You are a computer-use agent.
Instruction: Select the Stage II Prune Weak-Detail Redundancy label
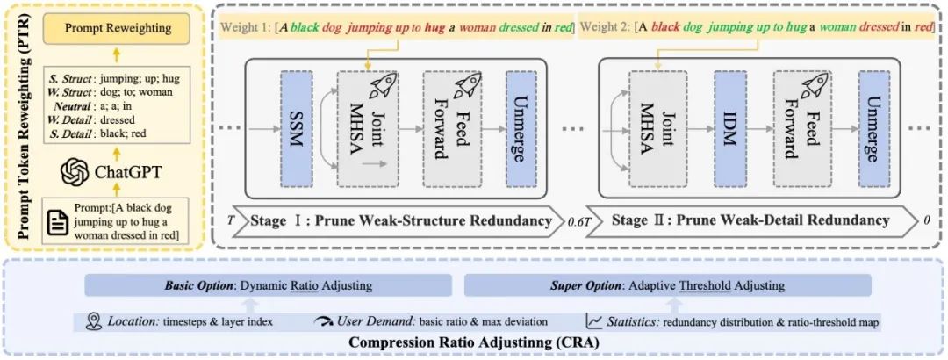point(750,220)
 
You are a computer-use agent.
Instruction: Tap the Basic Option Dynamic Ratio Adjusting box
point(268,285)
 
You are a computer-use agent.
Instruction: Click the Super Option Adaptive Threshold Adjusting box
point(667,285)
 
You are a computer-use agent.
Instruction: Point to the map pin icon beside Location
point(95,321)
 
